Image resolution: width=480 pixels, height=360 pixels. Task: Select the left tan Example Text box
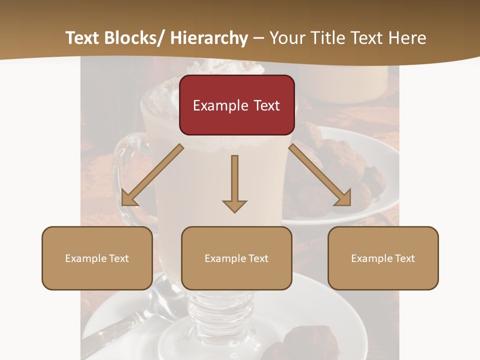(x=97, y=258)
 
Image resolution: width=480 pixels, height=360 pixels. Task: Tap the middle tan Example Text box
(x=236, y=258)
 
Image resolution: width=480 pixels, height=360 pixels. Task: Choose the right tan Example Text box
(x=383, y=258)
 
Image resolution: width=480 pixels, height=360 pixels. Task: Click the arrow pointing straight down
(x=234, y=182)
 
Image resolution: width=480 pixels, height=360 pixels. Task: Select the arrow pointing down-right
(x=320, y=175)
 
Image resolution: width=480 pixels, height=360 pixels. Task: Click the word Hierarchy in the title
(x=209, y=38)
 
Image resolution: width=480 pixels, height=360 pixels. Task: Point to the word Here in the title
(x=408, y=38)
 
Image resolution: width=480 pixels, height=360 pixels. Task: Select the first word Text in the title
(x=82, y=38)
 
